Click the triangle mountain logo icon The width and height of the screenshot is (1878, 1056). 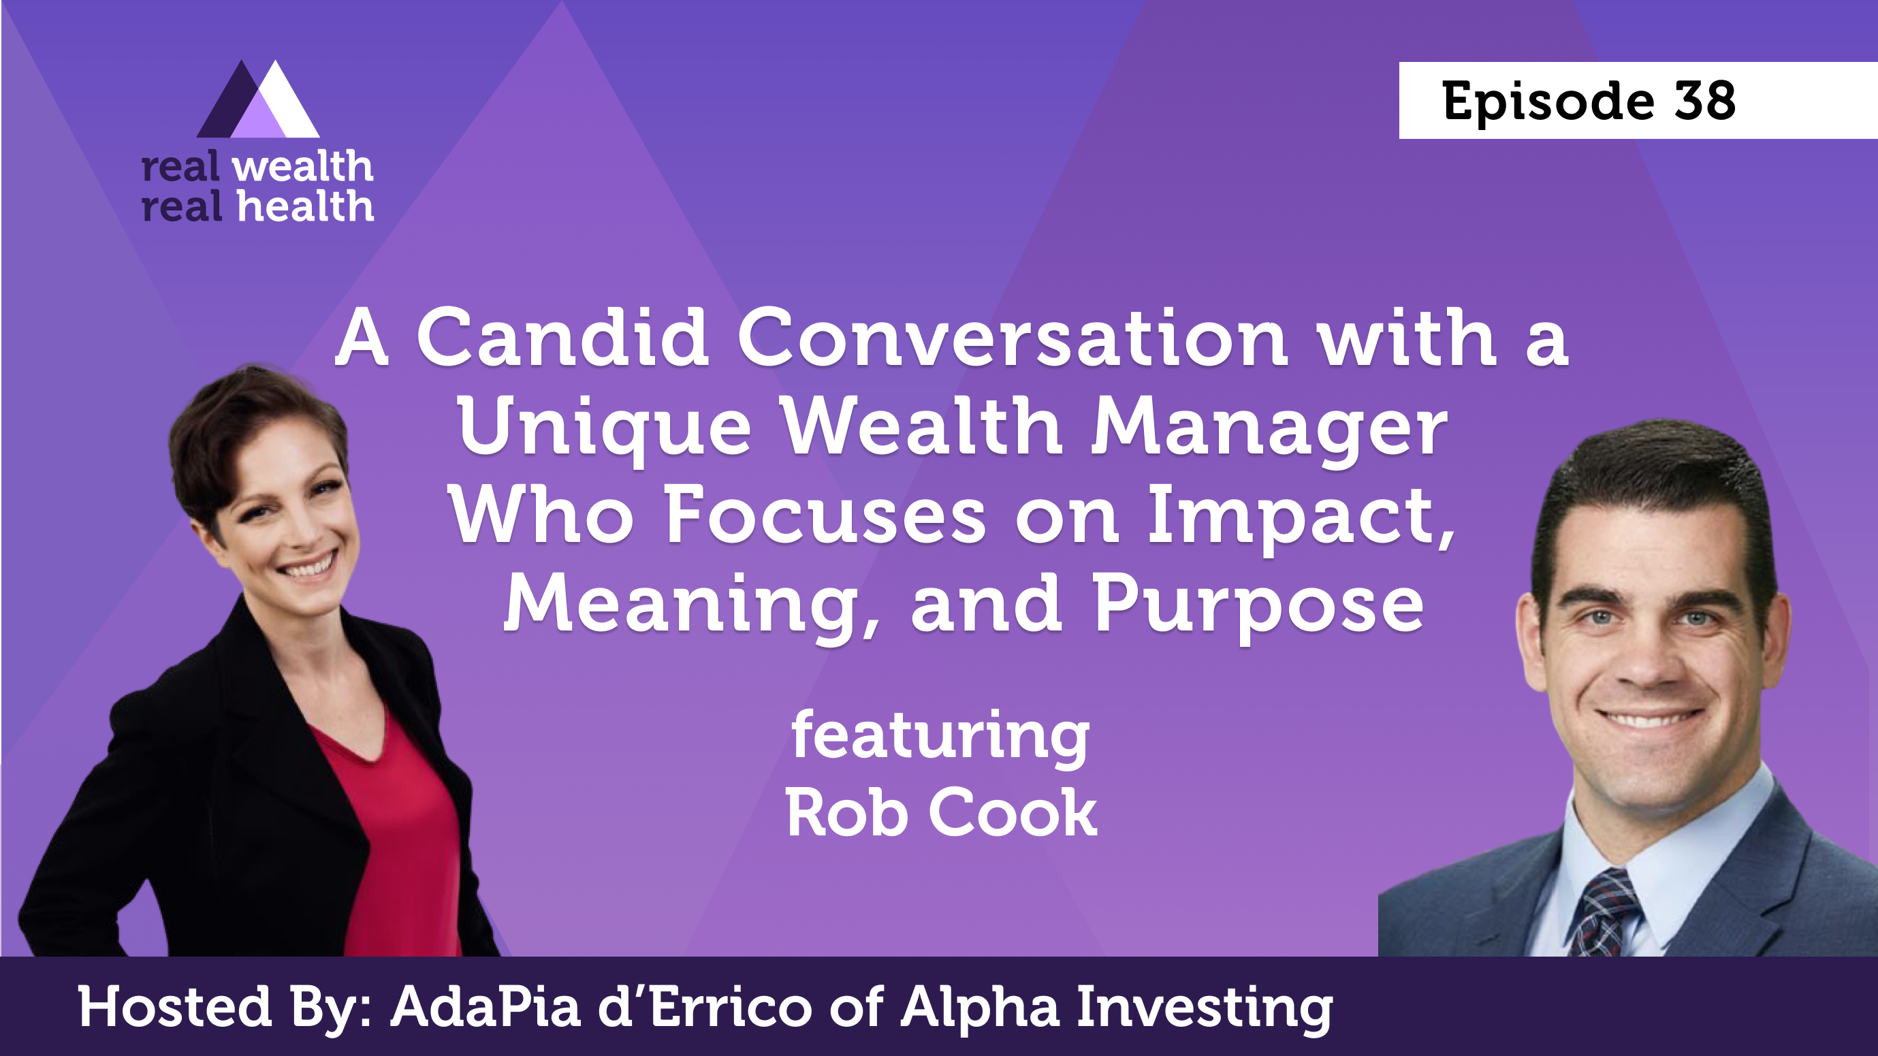click(x=258, y=99)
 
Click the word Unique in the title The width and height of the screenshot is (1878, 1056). click(x=605, y=429)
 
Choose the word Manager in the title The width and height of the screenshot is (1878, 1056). click(x=1269, y=429)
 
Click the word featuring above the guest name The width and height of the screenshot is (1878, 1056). click(x=940, y=737)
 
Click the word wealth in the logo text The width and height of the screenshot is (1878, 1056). click(x=302, y=167)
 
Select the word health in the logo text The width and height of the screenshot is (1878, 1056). click(x=306, y=206)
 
